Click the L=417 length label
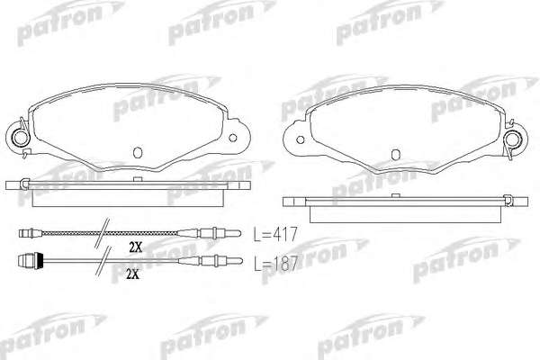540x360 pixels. pyautogui.click(x=275, y=234)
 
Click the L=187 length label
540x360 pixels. pyautogui.click(x=275, y=264)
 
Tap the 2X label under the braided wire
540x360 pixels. pyautogui.click(x=136, y=247)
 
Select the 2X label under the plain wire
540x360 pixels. pyautogui.click(x=132, y=274)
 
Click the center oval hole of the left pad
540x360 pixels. pyautogui.click(x=138, y=153)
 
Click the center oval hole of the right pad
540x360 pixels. pyautogui.click(x=396, y=154)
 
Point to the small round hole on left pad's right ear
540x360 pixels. pyautogui.click(x=233, y=138)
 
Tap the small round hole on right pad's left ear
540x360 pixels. pyautogui.click(x=301, y=139)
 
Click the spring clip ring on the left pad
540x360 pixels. pyautogui.click(x=21, y=138)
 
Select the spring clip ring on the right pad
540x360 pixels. pyautogui.click(x=512, y=139)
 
